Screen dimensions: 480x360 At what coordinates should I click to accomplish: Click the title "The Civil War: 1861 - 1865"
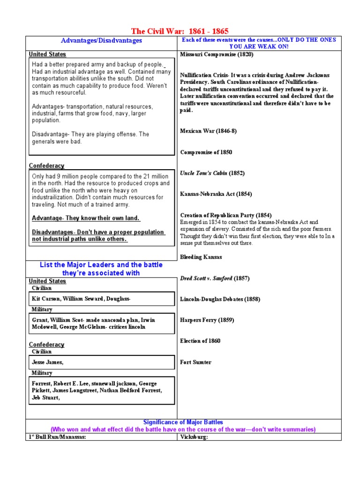click(x=180, y=31)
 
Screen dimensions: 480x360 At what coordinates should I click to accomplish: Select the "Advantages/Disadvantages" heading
click(x=102, y=41)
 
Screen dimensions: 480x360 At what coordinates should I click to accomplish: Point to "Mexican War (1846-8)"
click(x=208, y=131)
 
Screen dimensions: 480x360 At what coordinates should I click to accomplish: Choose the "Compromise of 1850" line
click(x=206, y=152)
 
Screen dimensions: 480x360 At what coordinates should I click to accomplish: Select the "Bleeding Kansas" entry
click(x=201, y=257)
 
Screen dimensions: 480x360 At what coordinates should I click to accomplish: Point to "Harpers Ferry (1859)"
click(x=207, y=320)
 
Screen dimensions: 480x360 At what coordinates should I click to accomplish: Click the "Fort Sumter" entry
click(x=195, y=362)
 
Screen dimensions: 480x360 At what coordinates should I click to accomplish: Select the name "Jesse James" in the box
click(x=46, y=362)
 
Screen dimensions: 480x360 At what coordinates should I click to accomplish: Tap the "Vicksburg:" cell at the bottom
click(x=194, y=437)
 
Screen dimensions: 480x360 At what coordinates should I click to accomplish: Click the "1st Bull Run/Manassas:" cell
click(x=57, y=437)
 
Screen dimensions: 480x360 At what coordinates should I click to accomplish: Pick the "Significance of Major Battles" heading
click(x=183, y=422)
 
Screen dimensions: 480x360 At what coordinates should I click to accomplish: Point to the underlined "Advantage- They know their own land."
click(x=86, y=218)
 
